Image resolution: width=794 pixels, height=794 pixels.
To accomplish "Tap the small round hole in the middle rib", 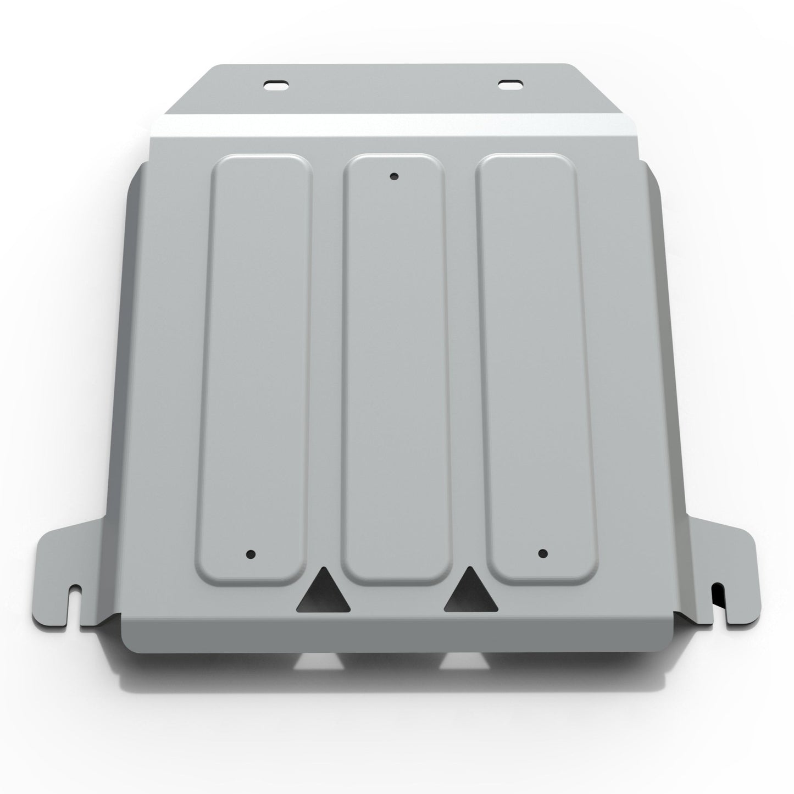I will pos(393,176).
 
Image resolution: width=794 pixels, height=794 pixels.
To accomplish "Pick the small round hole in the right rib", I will pos(543,553).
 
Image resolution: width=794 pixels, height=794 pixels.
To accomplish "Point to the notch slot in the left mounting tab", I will pos(76,603).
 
